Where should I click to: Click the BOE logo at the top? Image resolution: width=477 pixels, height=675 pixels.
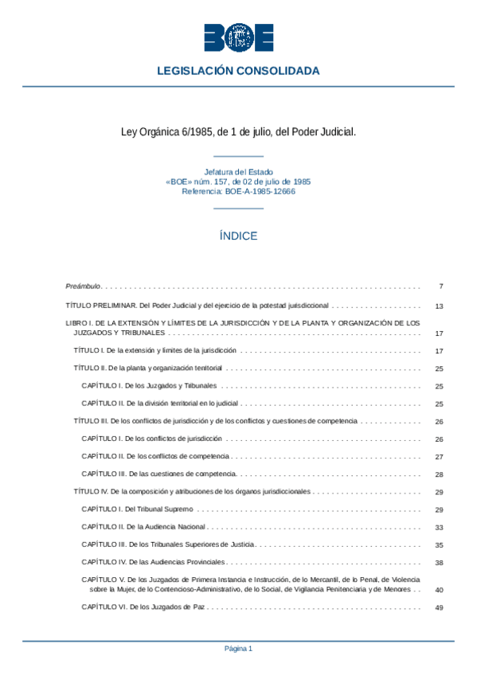(x=238, y=37)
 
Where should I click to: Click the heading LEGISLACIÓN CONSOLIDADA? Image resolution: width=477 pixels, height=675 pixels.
(x=238, y=71)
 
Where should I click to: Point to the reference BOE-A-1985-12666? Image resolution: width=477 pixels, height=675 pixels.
(x=238, y=192)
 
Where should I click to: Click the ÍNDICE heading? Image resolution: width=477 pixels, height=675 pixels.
(x=238, y=236)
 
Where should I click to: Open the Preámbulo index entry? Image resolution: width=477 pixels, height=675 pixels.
(x=83, y=286)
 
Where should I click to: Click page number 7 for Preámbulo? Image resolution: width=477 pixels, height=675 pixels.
(x=440, y=286)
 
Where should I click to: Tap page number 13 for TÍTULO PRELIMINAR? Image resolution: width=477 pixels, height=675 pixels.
(x=439, y=306)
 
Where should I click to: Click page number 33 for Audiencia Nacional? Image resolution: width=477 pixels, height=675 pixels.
(x=439, y=527)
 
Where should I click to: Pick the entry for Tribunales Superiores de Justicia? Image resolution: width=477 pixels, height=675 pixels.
(x=168, y=544)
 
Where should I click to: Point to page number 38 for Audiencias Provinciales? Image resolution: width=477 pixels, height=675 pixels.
(x=439, y=563)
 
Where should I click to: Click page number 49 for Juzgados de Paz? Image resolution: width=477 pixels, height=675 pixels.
(x=439, y=607)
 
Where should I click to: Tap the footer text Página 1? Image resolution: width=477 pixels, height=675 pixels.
(x=238, y=649)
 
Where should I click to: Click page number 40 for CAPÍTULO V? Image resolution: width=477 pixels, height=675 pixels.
(x=439, y=590)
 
